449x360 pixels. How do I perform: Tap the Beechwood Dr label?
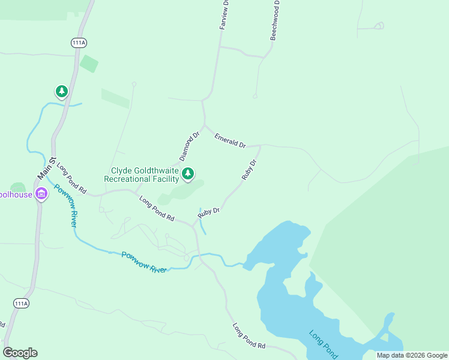point(275,20)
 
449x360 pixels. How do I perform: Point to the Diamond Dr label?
point(189,147)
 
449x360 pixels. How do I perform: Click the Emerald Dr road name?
point(231,141)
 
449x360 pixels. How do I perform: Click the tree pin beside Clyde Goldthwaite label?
point(188,174)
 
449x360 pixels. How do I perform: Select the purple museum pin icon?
point(41,193)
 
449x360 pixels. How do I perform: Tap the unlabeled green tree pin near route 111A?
point(61,91)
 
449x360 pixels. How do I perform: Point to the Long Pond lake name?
point(324,343)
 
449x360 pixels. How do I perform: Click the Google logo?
point(20,353)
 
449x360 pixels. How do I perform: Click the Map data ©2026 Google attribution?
point(412,355)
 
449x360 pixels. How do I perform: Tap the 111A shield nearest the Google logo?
point(21,304)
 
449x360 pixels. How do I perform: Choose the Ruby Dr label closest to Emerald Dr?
point(249,170)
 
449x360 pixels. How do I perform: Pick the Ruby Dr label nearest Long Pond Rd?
point(209,211)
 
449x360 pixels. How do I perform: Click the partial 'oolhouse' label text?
point(15,195)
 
